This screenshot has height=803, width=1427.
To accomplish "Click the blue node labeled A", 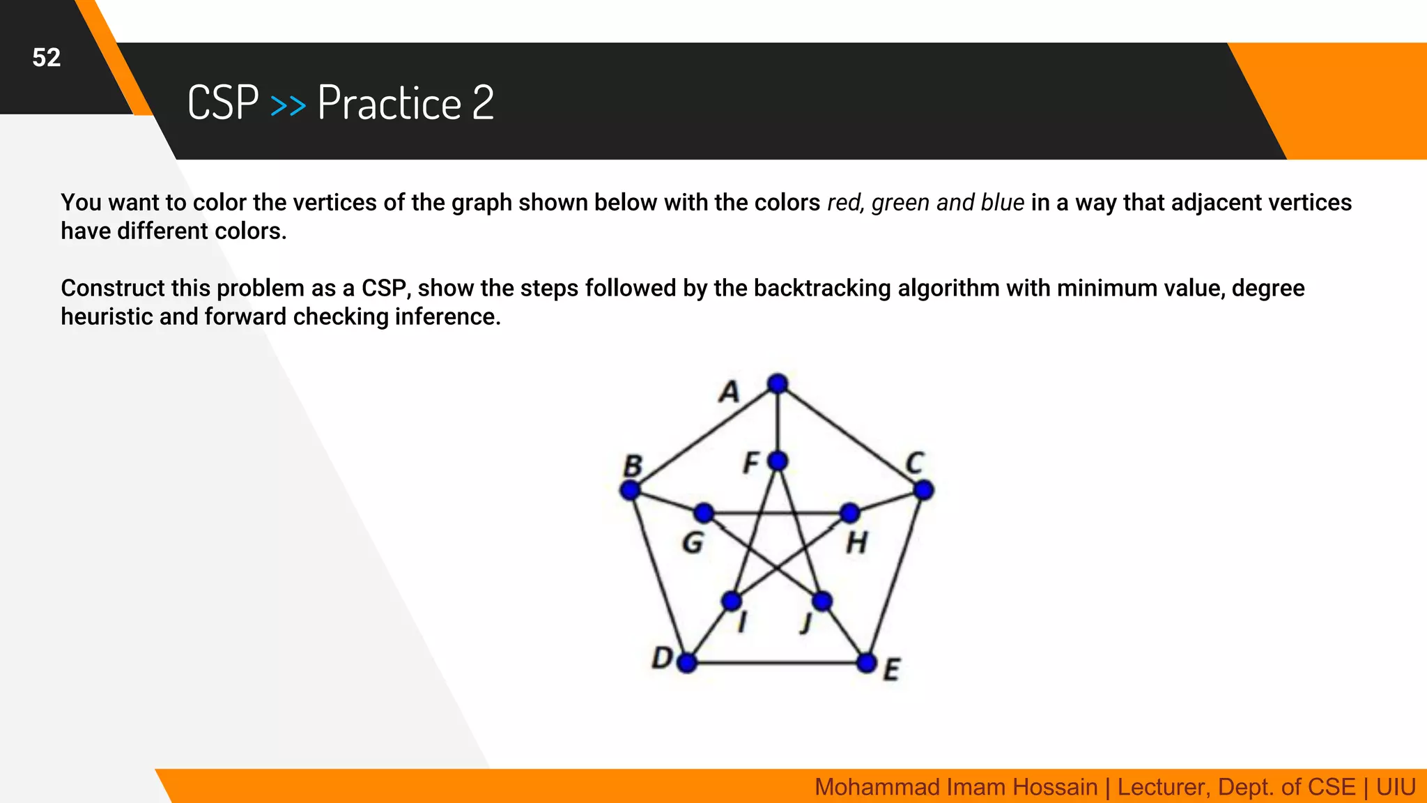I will coord(778,383).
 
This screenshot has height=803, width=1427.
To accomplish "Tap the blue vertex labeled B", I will coord(631,490).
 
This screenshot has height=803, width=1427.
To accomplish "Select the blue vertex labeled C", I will coord(923,490).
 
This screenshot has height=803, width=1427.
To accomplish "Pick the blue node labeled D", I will coord(687,662).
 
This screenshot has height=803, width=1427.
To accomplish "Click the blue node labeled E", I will coord(867,662).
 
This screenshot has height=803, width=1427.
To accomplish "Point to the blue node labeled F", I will coord(778,461).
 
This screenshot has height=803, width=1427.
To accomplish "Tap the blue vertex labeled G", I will coord(704,514).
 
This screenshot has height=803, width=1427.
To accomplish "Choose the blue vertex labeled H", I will coord(850,514).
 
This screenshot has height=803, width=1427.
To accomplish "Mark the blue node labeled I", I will coord(732,601).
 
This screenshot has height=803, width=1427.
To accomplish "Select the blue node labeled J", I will coord(822,601).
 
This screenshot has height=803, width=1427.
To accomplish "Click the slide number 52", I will coord(47,58).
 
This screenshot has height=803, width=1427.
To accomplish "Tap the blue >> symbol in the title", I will coord(288,105).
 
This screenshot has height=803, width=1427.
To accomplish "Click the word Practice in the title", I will coord(389,103).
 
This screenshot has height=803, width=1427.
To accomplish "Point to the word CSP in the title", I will coord(223,103).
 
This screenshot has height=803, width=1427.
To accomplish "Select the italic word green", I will coord(900,203).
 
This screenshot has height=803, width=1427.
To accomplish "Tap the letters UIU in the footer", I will coord(1396,787).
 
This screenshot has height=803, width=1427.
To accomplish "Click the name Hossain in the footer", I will coord(1054,787).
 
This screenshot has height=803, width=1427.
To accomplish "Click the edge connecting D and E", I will coord(777,662).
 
